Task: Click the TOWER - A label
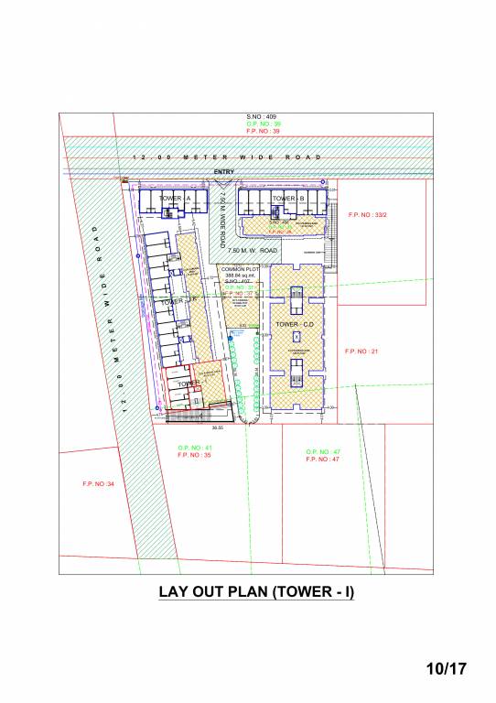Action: click(174, 199)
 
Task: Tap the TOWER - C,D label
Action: click(296, 324)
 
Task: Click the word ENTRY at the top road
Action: click(223, 172)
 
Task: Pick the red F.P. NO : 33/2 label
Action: click(368, 215)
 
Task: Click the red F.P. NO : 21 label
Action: click(361, 351)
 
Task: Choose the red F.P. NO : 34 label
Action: click(99, 483)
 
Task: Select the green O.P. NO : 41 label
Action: click(195, 448)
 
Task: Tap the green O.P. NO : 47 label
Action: click(323, 452)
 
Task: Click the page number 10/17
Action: click(447, 669)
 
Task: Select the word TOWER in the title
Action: click(304, 592)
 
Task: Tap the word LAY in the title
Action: click(174, 592)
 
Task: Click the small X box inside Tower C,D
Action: click(296, 337)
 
